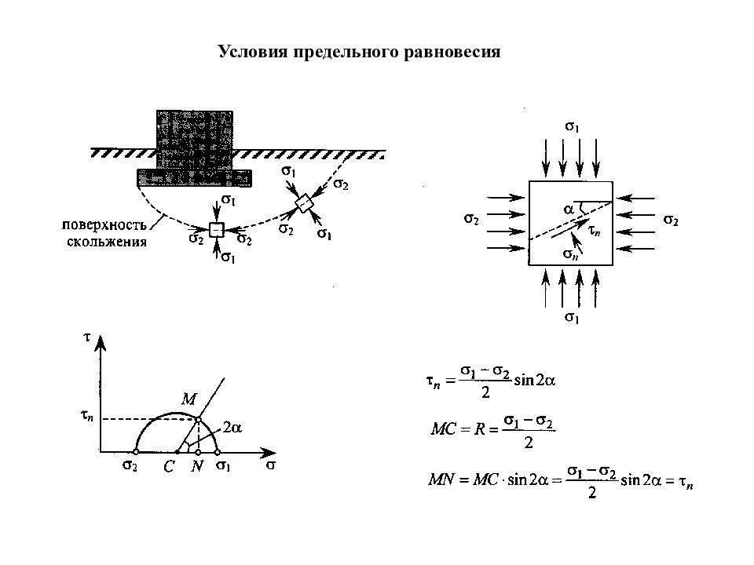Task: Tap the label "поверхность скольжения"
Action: click(104, 233)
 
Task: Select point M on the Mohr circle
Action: click(198, 420)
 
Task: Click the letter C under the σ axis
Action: click(169, 466)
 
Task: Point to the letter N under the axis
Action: click(196, 465)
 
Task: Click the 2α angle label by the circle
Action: click(232, 427)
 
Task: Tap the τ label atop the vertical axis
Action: click(86, 337)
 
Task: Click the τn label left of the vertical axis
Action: click(86, 415)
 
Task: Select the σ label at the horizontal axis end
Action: click(271, 465)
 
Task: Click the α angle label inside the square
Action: click(569, 209)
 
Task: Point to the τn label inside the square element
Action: click(595, 231)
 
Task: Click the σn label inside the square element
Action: click(570, 254)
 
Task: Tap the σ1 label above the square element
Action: click(572, 127)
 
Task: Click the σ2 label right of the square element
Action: click(671, 221)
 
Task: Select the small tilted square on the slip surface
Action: click(303, 203)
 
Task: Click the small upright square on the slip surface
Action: click(217, 230)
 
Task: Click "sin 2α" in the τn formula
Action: click(534, 381)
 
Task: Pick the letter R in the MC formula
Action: click(479, 428)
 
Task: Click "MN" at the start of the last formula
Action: click(441, 479)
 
